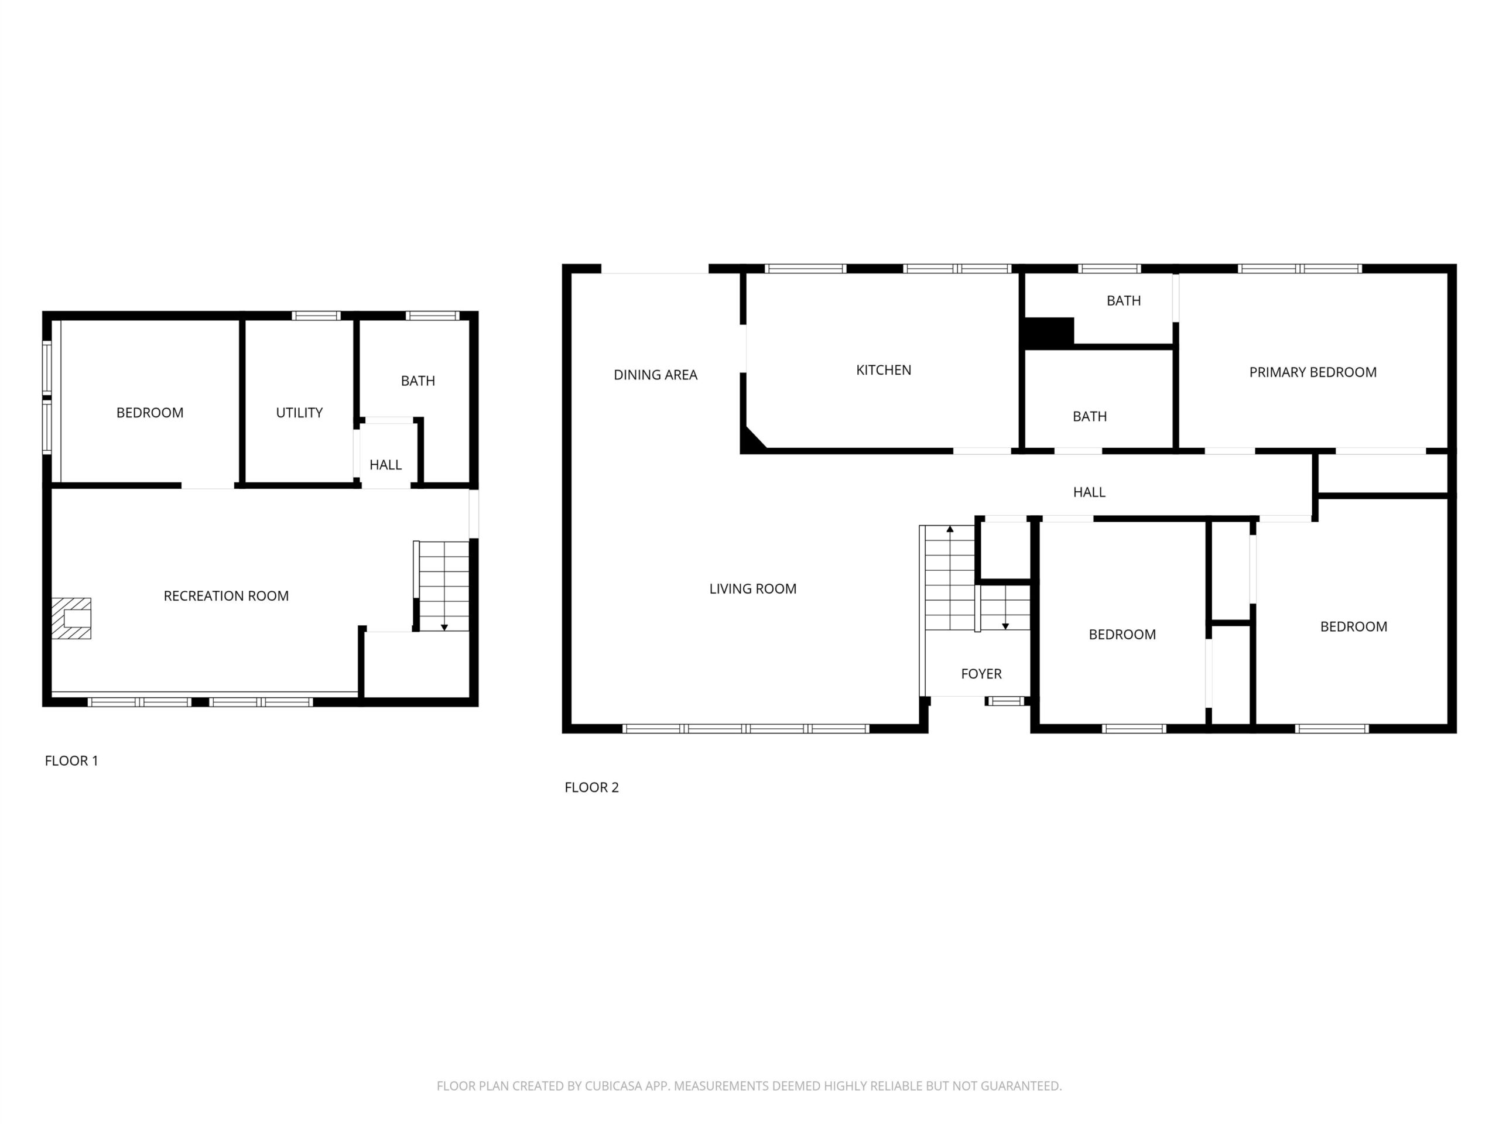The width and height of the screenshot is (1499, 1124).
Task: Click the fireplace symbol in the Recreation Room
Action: [x=71, y=618]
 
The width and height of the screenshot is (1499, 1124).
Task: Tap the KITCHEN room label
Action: [x=884, y=370]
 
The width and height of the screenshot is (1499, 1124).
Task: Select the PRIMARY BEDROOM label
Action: [x=1313, y=372]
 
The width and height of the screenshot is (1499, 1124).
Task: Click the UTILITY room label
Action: [x=300, y=413]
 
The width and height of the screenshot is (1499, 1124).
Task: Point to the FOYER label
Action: [x=981, y=673]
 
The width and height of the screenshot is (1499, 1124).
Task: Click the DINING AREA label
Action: [x=655, y=375]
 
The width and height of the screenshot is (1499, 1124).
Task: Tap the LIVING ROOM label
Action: [x=753, y=589]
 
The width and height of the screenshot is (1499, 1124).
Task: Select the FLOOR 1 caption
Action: [x=71, y=761]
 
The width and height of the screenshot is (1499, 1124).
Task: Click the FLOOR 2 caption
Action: [x=591, y=787]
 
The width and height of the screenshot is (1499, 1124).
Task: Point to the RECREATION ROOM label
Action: [x=227, y=595]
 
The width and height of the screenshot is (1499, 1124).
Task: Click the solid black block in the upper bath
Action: [x=1048, y=332]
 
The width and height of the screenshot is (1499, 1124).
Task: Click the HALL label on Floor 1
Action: [x=386, y=465]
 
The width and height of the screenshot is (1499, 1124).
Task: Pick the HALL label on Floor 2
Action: [x=1089, y=492]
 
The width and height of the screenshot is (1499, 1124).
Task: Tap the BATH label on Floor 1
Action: [x=418, y=381]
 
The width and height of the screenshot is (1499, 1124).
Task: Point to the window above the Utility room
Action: [x=316, y=316]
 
